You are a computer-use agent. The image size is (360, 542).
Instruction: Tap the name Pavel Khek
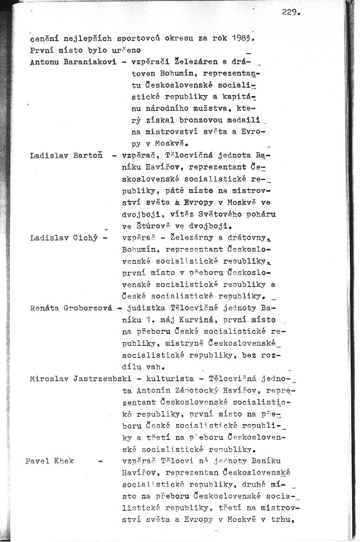click(x=49, y=461)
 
